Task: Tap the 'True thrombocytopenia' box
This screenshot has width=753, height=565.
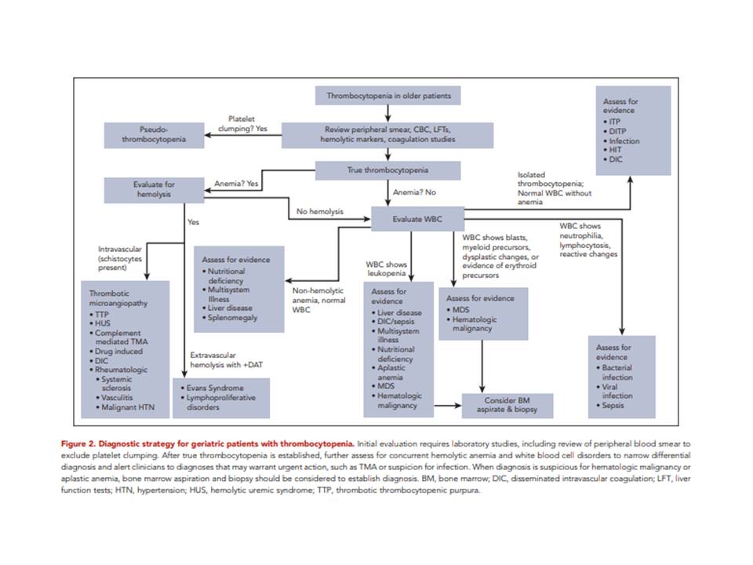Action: tap(387, 170)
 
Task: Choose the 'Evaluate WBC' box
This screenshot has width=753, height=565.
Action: tap(417, 219)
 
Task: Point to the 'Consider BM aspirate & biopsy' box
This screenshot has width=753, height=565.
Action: tap(507, 405)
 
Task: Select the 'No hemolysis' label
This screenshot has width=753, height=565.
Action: tap(317, 211)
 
